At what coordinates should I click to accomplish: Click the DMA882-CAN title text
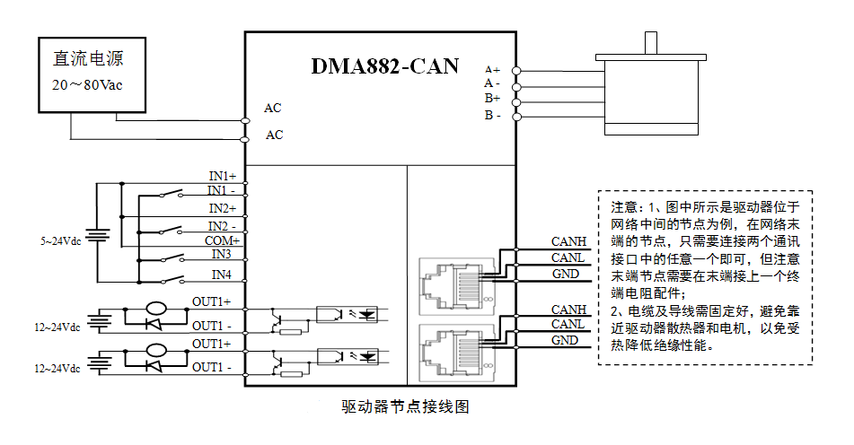(384, 66)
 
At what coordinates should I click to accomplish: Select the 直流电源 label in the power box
(88, 60)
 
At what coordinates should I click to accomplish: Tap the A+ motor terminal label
(492, 69)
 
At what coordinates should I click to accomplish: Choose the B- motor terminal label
(492, 116)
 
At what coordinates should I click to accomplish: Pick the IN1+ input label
(222, 176)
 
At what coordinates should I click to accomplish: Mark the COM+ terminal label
(222, 240)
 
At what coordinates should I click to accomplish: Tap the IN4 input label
(221, 274)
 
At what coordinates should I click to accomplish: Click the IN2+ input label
(222, 208)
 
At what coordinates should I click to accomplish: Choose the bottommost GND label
(565, 340)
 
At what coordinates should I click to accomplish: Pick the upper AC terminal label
(273, 109)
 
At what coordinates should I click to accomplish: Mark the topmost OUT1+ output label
(211, 301)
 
